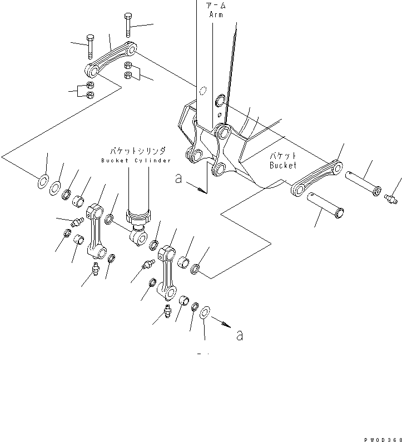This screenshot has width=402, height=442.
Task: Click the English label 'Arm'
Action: (x=216, y=15)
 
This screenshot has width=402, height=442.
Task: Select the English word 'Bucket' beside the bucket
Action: (x=284, y=165)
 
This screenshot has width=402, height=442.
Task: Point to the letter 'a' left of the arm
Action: (x=178, y=178)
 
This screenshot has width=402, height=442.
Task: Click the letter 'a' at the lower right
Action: (x=240, y=335)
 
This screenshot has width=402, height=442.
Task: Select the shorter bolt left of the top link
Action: (x=90, y=47)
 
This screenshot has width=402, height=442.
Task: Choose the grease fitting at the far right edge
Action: (x=391, y=197)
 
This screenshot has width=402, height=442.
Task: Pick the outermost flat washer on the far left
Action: (x=42, y=181)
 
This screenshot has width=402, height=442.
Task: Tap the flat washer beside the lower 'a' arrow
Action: (x=204, y=312)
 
